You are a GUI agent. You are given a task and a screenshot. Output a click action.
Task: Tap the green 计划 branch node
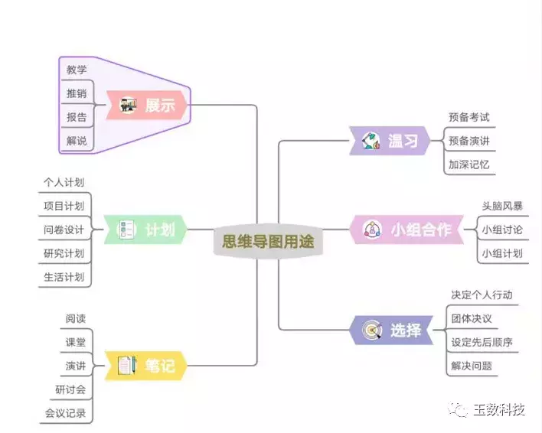146,229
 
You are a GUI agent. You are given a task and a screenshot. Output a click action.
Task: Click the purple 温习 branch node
391,141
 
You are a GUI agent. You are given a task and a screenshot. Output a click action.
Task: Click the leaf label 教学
77,70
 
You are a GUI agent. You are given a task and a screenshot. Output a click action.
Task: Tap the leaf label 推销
77,94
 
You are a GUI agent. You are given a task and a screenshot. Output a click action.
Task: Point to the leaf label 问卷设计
64,230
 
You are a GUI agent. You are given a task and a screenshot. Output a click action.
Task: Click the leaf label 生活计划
64,277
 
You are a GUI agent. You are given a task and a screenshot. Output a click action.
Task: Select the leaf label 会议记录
65,414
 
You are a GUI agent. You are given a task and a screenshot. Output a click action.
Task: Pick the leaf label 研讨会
70,390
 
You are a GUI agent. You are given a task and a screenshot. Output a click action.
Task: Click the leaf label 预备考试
469,118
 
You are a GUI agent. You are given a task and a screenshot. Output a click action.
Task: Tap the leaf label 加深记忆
469,164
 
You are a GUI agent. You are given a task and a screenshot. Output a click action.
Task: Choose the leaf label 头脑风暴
502,206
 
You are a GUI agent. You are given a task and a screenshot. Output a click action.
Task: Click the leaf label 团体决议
472,318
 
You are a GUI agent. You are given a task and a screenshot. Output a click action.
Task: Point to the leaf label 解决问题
472,366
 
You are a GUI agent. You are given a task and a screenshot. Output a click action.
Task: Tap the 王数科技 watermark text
498,410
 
